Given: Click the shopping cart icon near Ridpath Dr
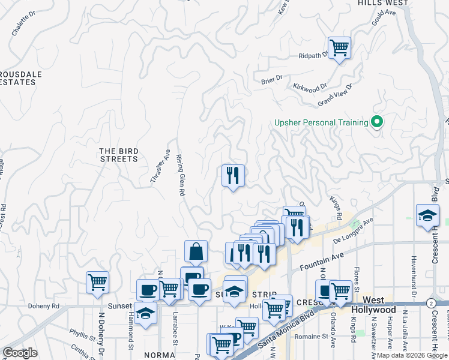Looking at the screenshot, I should [339, 47].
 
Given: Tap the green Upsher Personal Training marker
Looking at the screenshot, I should [377, 122].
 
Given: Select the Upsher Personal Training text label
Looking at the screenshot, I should [321, 123].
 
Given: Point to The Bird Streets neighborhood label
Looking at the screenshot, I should [119, 155].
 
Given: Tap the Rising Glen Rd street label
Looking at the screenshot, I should [179, 175].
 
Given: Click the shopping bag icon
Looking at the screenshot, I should [196, 251].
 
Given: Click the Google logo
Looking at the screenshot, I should [20, 353].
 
